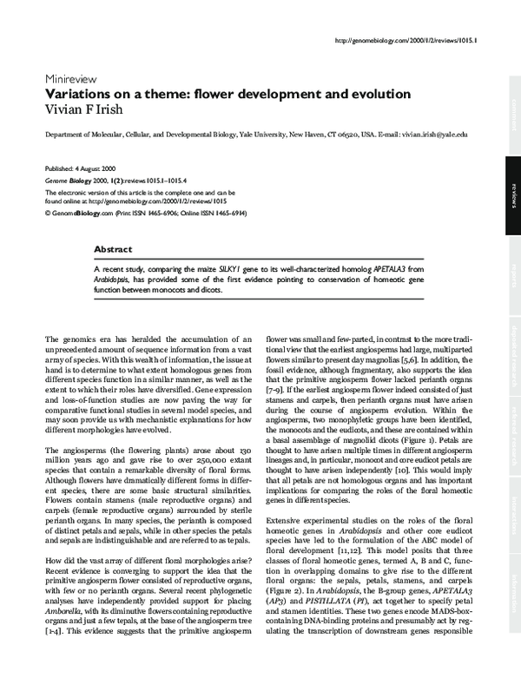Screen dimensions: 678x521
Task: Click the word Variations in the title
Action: (x=79, y=93)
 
